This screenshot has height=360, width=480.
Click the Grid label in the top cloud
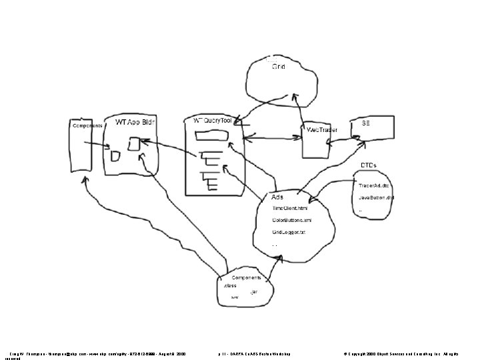click(x=278, y=68)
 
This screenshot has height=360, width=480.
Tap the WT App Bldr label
click(x=136, y=123)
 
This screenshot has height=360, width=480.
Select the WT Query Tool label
click(x=213, y=121)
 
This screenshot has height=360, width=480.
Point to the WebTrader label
click(x=322, y=129)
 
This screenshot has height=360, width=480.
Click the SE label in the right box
click(x=366, y=123)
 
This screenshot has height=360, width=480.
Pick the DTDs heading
click(x=369, y=165)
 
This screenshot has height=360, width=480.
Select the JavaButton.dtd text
click(x=377, y=198)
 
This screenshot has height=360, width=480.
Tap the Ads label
click(x=277, y=197)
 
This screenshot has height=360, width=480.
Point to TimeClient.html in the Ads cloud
click(x=289, y=208)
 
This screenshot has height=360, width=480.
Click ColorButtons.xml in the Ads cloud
click(x=291, y=220)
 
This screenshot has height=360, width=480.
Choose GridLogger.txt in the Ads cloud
click(x=288, y=232)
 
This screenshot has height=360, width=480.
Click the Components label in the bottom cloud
click(x=246, y=277)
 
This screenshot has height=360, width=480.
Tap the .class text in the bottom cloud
click(x=230, y=285)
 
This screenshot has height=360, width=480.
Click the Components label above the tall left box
click(x=87, y=125)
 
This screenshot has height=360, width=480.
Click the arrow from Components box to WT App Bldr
click(x=97, y=145)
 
